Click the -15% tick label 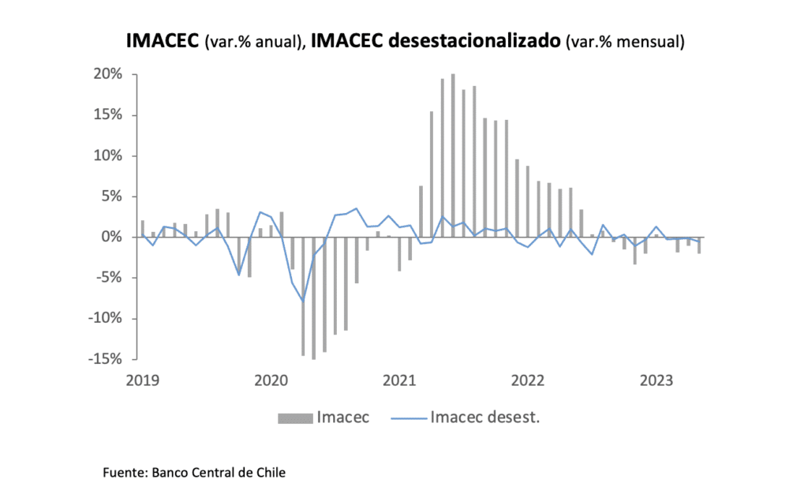point(107,359)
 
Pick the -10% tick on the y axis point(107,319)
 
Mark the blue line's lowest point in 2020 point(303,301)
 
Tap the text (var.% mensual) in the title point(624,43)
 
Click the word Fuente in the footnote point(125,473)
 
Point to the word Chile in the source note point(271,473)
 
